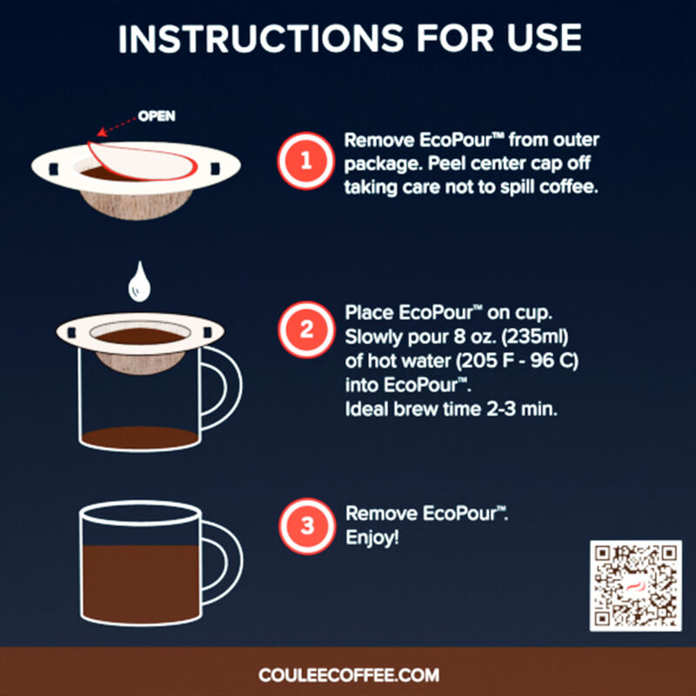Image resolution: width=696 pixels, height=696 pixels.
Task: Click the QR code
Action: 634,585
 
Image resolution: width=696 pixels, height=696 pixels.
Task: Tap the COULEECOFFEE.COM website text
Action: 348,674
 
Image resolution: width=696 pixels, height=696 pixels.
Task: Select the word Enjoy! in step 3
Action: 372,538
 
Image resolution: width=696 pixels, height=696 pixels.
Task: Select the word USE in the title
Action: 541,37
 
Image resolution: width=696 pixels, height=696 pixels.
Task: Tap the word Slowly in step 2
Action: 372,336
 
